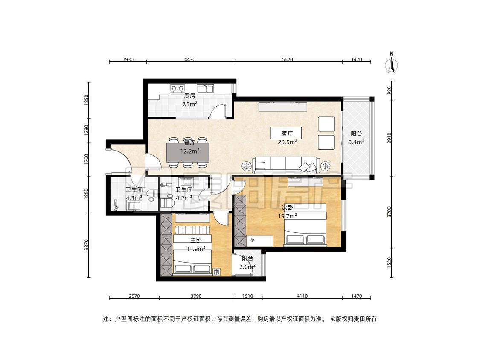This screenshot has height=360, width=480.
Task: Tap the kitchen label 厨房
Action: point(189,96)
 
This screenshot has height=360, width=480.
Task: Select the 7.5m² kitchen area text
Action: point(189,104)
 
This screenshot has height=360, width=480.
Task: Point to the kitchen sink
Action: point(205,88)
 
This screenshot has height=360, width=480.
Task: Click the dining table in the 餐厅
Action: point(188,152)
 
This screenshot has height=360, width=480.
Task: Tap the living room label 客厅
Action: point(287,134)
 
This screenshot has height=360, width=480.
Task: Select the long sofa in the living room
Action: point(286,165)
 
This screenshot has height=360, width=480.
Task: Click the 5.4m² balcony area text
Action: point(356,142)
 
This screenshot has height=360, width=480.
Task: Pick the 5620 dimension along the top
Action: point(287,59)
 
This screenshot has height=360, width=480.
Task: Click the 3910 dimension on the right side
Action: point(390,138)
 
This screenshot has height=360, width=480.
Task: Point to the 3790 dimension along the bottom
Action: point(196,296)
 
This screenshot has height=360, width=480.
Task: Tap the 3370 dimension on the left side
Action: point(87,244)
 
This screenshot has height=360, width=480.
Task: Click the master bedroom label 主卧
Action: point(196,241)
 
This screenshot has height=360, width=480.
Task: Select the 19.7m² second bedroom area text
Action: point(288,216)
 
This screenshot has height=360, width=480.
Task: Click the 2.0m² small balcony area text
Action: point(247,267)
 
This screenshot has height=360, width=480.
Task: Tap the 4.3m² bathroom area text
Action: point(134,198)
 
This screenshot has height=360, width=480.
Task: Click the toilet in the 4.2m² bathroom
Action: point(167,203)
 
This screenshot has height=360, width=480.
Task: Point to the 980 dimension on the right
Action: point(390,90)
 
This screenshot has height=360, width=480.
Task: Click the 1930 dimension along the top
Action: point(128,59)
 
